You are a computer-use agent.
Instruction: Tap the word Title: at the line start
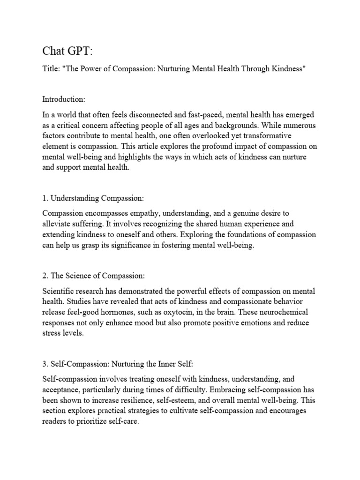tap(51, 69)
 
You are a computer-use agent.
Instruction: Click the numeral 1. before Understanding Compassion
tap(45, 197)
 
